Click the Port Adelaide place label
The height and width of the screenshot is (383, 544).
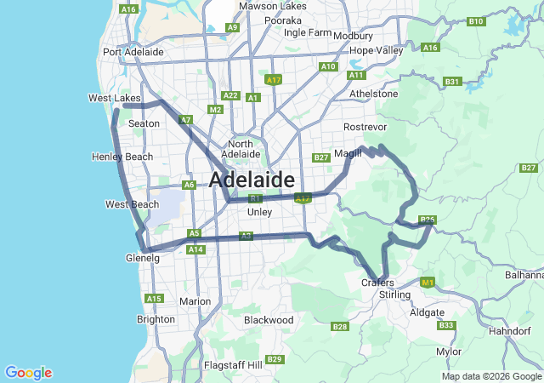133,52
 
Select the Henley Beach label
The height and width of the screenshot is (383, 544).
122,157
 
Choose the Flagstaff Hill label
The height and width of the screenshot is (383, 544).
232,364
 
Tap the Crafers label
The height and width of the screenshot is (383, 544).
377,283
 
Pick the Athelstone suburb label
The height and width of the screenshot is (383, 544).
373,94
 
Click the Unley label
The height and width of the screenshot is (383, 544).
259,211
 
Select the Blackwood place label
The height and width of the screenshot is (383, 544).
269,320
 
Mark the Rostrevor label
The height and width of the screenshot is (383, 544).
365,126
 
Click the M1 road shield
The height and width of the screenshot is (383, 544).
428,282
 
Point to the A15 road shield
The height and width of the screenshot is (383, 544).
154,299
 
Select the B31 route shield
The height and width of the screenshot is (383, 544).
452,82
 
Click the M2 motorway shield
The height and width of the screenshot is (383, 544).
215,110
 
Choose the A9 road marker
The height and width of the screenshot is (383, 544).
232,27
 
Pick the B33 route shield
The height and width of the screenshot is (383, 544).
445,325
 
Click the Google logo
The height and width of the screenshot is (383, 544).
28,373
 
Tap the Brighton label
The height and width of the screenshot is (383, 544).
156,319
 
